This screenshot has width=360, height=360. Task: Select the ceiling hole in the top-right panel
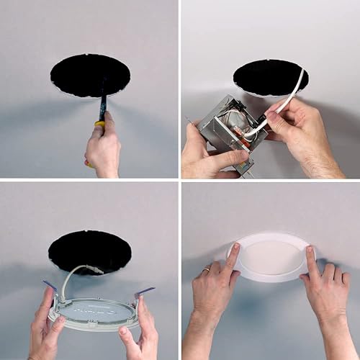269,77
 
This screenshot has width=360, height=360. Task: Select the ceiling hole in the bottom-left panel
89,251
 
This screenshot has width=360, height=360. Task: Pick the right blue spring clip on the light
144,291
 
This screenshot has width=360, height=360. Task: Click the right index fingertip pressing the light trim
310,251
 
